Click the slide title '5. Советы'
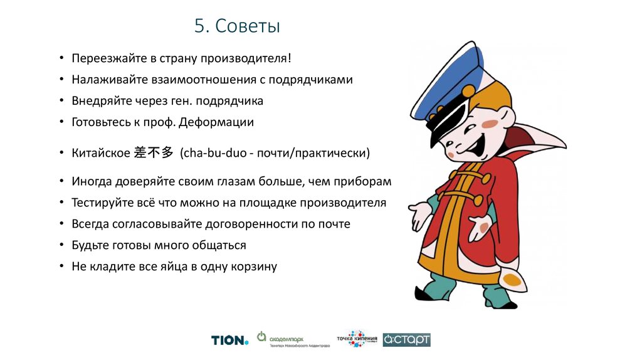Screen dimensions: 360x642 pyautogui.click(x=237, y=26)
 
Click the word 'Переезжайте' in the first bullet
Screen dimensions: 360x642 pyautogui.click(x=103, y=59)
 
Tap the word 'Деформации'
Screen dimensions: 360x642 pyautogui.click(x=216, y=122)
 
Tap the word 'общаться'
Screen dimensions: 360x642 pyautogui.click(x=221, y=245)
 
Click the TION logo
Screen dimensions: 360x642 pyautogui.click(x=229, y=340)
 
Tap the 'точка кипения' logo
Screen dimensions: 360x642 pyautogui.click(x=358, y=339)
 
